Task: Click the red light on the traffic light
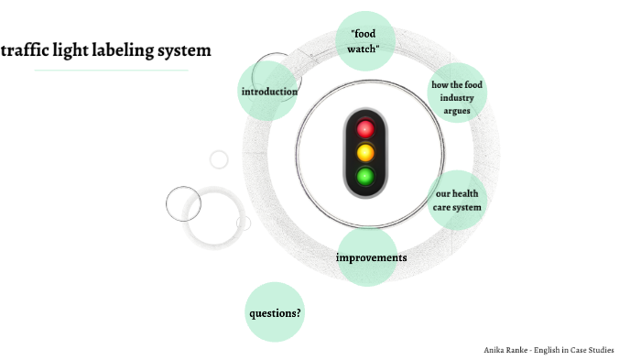(x=365, y=128)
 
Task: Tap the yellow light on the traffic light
(x=365, y=152)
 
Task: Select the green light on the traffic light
(x=365, y=176)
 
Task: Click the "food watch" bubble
(x=364, y=41)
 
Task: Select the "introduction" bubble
(x=268, y=92)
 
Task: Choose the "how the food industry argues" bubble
(x=457, y=97)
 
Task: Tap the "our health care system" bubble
(x=457, y=201)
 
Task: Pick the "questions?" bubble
(x=276, y=312)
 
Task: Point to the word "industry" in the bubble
(x=457, y=98)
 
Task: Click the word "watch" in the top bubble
(x=364, y=49)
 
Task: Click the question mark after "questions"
(x=299, y=312)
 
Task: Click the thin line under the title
(x=111, y=71)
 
